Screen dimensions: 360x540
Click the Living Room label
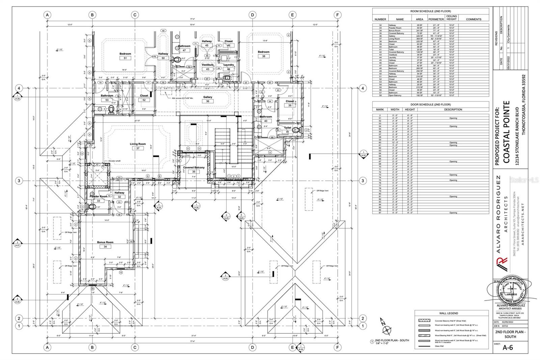pos(138,144)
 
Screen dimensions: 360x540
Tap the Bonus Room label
pos(105,242)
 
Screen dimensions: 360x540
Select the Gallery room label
pos(208,97)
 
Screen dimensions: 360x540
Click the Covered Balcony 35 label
pos(194,168)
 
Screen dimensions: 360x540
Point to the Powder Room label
pos(98,196)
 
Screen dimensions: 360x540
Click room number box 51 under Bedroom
pos(125,58)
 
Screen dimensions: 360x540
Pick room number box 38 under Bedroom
pos(264,56)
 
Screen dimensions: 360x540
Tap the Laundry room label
pos(228,65)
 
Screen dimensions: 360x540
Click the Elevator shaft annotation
pos(114,161)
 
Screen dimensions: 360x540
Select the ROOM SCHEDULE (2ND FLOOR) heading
pos(430,11)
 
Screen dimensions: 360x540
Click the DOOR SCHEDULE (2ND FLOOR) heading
pos(430,104)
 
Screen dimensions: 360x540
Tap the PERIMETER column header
pos(436,19)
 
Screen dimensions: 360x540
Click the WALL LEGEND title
pos(449,313)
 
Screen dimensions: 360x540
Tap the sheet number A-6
pos(508,348)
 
